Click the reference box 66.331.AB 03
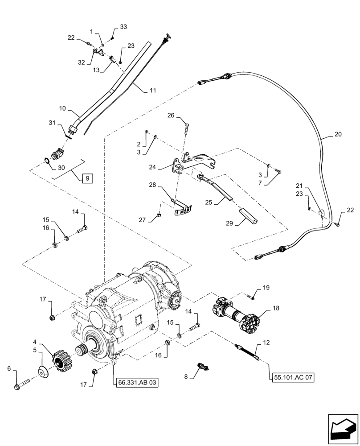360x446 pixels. [x=138, y=382]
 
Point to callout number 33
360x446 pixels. [x=123, y=27]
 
